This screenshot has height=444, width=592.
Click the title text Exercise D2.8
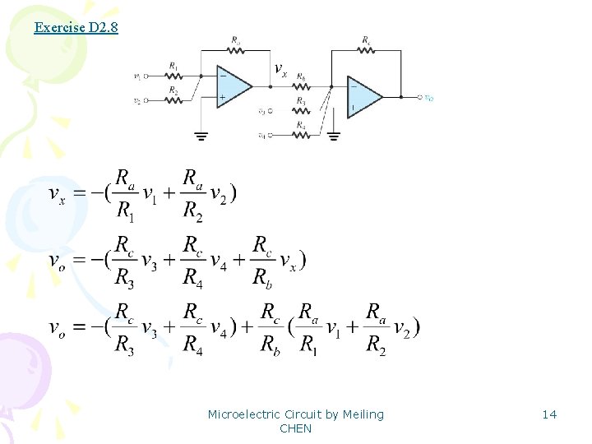coord(76,28)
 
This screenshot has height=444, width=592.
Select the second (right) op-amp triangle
coord(363,97)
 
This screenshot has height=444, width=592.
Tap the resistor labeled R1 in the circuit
coord(173,76)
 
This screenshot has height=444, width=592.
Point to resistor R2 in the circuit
coord(173,100)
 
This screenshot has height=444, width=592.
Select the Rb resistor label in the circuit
coord(302,76)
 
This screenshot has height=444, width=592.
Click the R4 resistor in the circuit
coord(302,134)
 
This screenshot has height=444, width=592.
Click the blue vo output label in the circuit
coord(428,98)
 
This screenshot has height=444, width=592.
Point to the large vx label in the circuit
coord(280,70)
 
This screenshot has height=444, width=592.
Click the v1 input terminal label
coord(136,76)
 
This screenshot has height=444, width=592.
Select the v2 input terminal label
coord(136,101)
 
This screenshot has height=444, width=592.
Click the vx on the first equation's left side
coord(57,194)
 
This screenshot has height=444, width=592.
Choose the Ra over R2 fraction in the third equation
coord(376,327)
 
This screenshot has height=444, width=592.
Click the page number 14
coord(549,414)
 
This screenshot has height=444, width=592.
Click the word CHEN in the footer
coord(296,428)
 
